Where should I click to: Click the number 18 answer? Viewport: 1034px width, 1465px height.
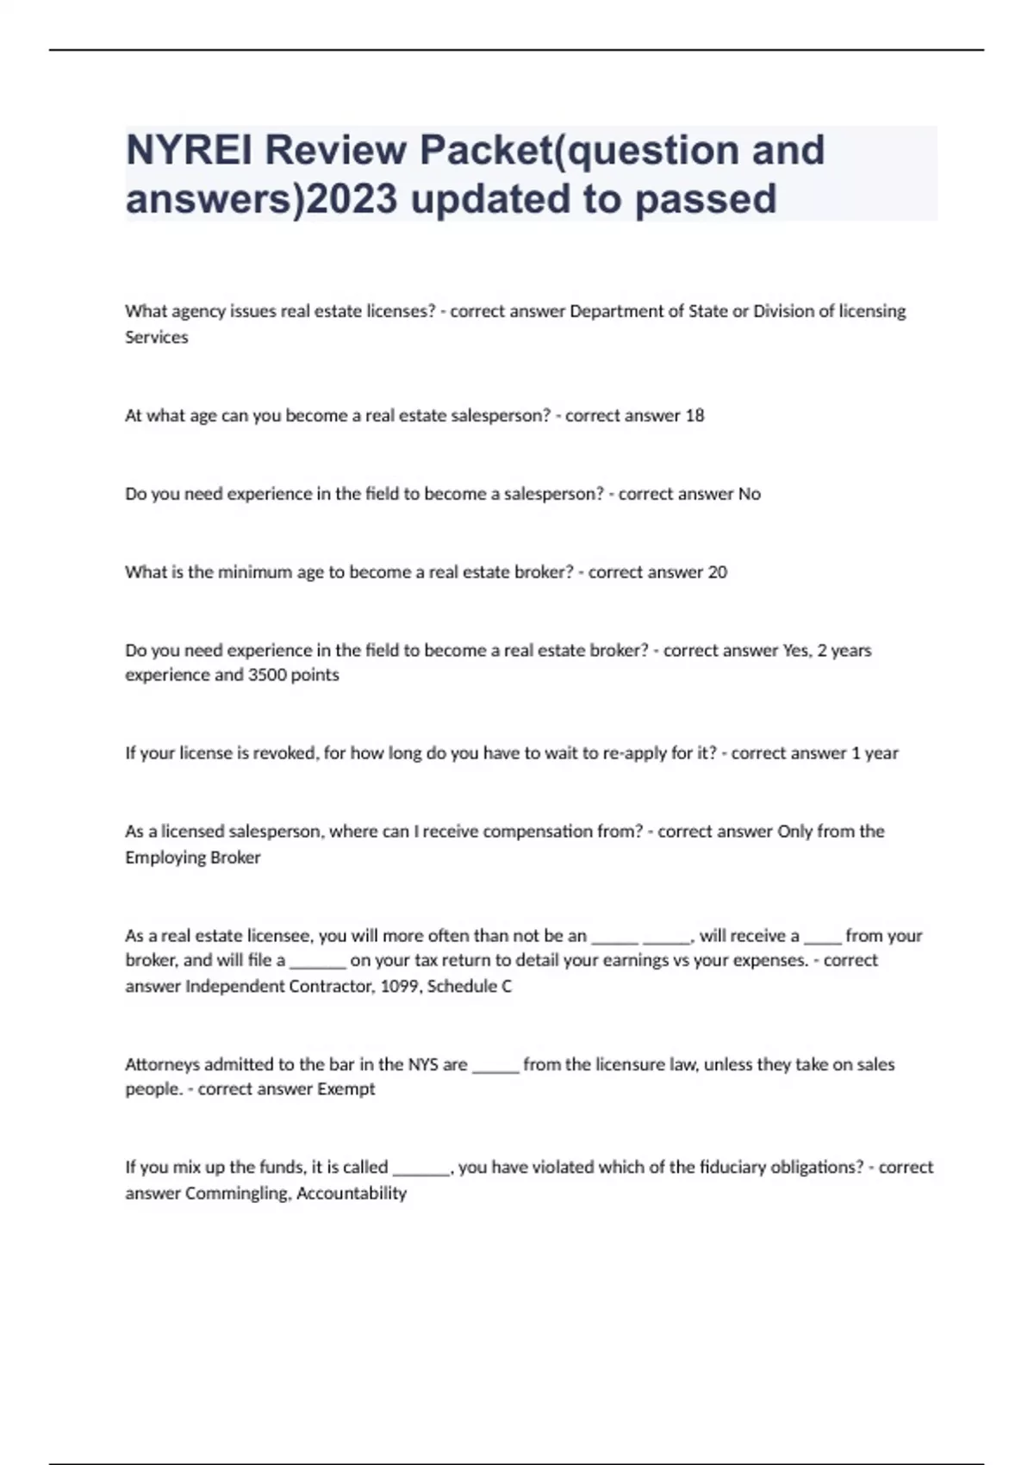(695, 415)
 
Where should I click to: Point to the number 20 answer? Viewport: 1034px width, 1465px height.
(717, 572)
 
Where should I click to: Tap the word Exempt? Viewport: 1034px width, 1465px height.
(346, 1089)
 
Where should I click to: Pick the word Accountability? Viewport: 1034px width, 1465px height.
(352, 1194)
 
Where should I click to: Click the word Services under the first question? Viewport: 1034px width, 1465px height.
(156, 337)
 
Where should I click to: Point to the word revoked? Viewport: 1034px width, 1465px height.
(283, 753)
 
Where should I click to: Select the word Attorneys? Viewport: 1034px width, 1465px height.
(162, 1064)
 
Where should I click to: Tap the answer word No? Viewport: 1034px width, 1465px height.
(750, 494)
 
